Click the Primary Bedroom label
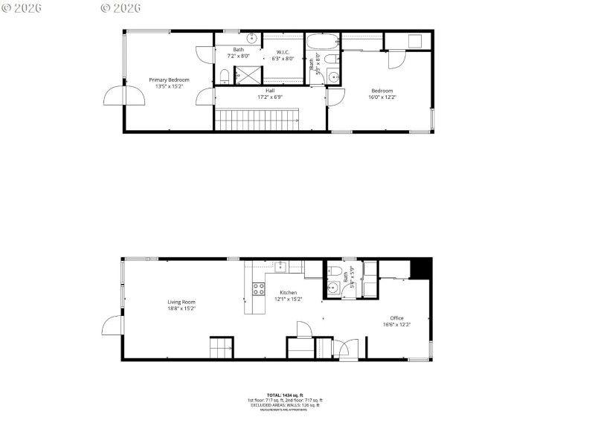tap(169, 80)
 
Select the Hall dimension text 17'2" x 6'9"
tap(270, 97)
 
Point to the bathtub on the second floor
tap(322, 41)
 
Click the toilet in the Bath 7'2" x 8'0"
tap(224, 75)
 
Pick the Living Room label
tap(181, 302)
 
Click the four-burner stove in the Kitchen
tap(258, 289)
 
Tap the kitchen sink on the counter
tap(281, 267)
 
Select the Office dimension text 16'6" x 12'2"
tap(396, 324)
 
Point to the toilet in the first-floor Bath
tap(334, 271)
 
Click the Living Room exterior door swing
tap(112, 324)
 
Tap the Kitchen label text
tap(289, 293)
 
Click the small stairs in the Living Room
tap(220, 348)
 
